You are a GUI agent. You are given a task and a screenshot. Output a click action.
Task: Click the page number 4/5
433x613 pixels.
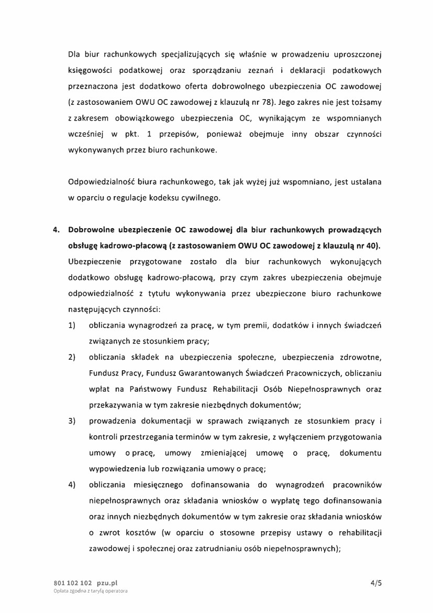click(375, 583)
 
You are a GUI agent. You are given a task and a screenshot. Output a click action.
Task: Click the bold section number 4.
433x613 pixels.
click(56, 230)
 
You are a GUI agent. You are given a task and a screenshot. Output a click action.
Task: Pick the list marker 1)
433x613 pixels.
click(72, 326)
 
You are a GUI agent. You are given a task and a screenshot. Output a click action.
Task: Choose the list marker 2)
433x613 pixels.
click(72, 358)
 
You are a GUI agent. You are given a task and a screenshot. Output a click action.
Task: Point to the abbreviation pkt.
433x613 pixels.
click(138, 135)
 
